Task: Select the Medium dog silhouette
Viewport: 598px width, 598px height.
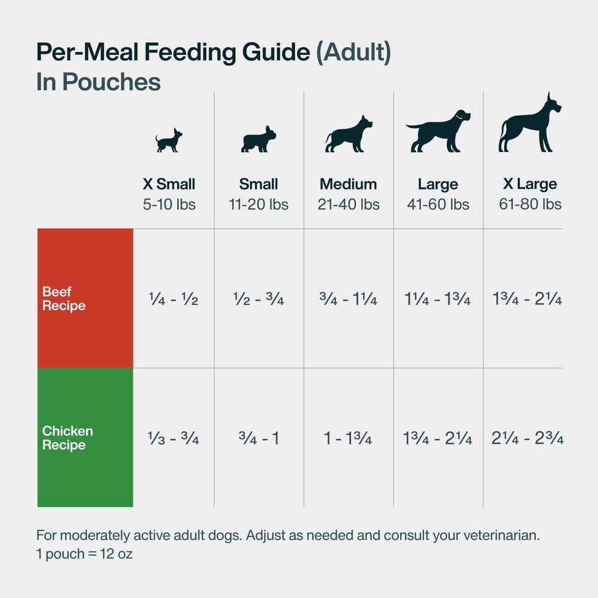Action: (349, 135)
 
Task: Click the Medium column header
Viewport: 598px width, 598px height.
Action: (349, 184)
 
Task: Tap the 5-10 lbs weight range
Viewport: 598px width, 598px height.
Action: (169, 205)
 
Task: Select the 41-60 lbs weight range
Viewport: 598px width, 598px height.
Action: (438, 205)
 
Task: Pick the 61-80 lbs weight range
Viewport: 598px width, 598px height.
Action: (530, 205)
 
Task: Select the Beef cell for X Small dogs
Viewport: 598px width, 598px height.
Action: (173, 299)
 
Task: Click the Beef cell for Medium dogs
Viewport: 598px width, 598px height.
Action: (349, 299)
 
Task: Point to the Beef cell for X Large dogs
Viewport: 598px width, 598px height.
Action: (527, 299)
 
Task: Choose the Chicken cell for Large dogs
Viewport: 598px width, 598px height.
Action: (438, 439)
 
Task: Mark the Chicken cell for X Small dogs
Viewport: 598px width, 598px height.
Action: (173, 439)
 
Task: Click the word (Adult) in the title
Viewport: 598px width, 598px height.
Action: (353, 53)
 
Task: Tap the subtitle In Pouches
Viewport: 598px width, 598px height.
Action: (99, 82)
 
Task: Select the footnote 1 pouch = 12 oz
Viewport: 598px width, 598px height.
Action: (84, 554)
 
